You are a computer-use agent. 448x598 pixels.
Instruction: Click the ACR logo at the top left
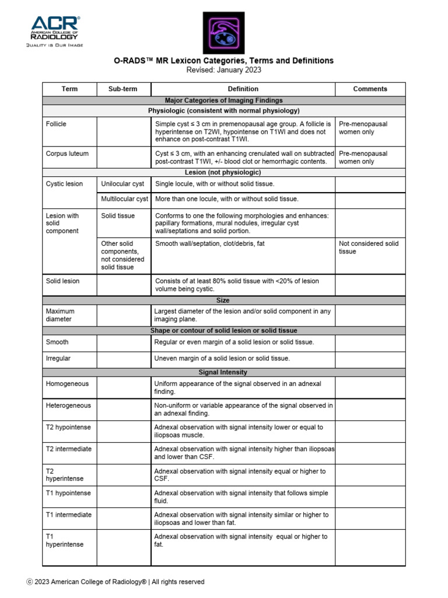(57, 30)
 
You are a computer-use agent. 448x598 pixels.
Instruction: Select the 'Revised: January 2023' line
(224, 70)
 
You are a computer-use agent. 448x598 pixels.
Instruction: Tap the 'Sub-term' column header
(123, 89)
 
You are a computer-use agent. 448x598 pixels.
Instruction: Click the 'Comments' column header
(370, 89)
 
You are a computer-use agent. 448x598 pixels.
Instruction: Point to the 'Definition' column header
(243, 89)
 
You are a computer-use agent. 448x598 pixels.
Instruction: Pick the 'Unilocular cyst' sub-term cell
(123, 184)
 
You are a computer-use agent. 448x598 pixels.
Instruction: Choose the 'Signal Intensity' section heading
(223, 372)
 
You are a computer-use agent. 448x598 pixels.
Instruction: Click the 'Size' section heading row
(223, 300)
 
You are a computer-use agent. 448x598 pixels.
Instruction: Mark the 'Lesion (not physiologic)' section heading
(223, 172)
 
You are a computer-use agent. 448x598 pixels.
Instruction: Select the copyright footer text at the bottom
(116, 582)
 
